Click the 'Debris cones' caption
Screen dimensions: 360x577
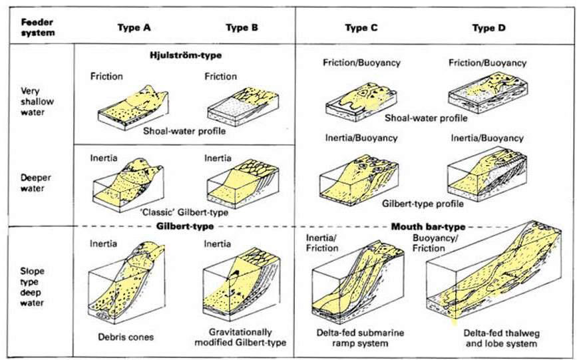click(x=130, y=337)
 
